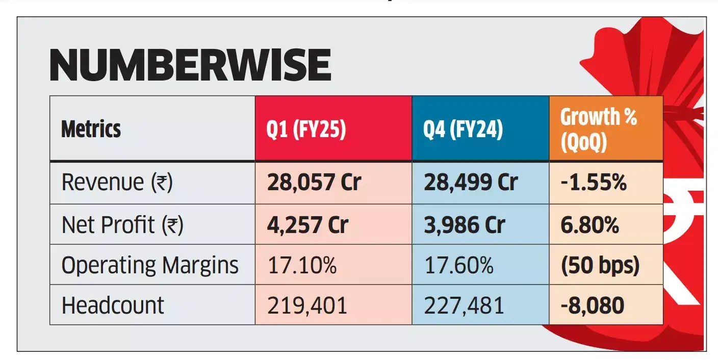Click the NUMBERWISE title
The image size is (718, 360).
pos(190,65)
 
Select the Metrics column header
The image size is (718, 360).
pos(91,129)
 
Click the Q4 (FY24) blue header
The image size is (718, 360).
pos(463,129)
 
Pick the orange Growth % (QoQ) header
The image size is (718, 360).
pos(599,130)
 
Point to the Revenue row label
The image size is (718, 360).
pos(117,183)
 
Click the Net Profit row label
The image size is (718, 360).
pos(122,224)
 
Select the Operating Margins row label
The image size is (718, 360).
pos(150,265)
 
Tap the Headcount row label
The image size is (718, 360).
pos(113,305)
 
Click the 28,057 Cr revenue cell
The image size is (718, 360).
pos(314,183)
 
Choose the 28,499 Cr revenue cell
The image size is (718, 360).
pos(470,183)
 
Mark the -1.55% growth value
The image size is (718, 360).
pos(594,183)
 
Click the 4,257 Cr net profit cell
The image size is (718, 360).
pos(307,224)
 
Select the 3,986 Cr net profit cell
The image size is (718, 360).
pos(464,224)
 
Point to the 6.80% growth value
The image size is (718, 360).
pos(590,224)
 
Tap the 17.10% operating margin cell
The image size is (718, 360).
pos(302,265)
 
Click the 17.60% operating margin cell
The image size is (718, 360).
pos(458,265)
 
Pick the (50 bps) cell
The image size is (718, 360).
pos(600,265)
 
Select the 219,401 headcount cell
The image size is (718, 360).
pos(307,305)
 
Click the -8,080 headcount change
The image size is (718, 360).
pos(593,305)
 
